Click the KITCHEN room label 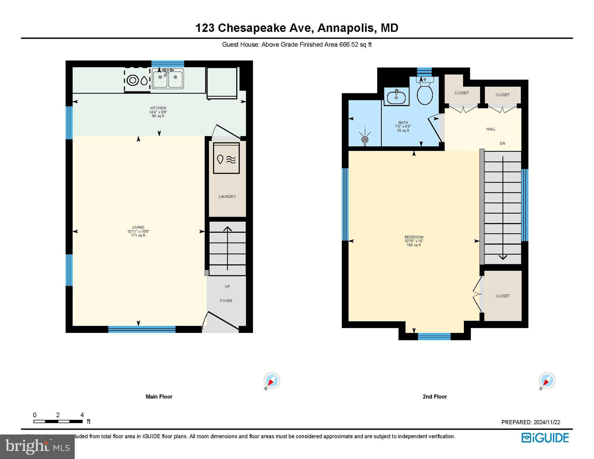pyautogui.click(x=158, y=108)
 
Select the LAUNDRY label pyautogui.click(x=227, y=197)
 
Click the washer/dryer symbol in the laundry pyautogui.click(x=226, y=158)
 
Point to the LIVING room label pyautogui.click(x=138, y=227)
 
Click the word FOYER pyautogui.click(x=226, y=301)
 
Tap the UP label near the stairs pyautogui.click(x=227, y=287)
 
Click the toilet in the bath pyautogui.click(x=424, y=91)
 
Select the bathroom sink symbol pyautogui.click(x=396, y=96)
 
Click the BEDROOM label pyautogui.click(x=414, y=237)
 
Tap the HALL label pyautogui.click(x=491, y=129)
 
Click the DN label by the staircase pyautogui.click(x=502, y=143)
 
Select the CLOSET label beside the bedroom pyautogui.click(x=502, y=296)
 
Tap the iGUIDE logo pyautogui.click(x=545, y=438)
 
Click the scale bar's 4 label pyautogui.click(x=82, y=415)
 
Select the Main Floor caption pyautogui.click(x=159, y=397)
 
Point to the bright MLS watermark pyautogui.click(x=37, y=446)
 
